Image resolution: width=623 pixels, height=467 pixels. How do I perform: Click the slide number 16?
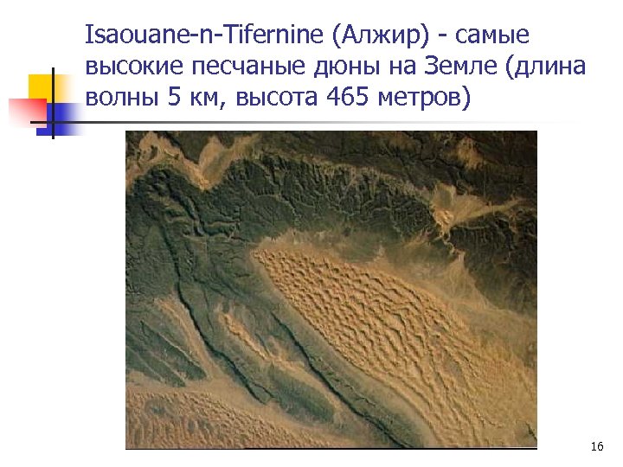[596, 446]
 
